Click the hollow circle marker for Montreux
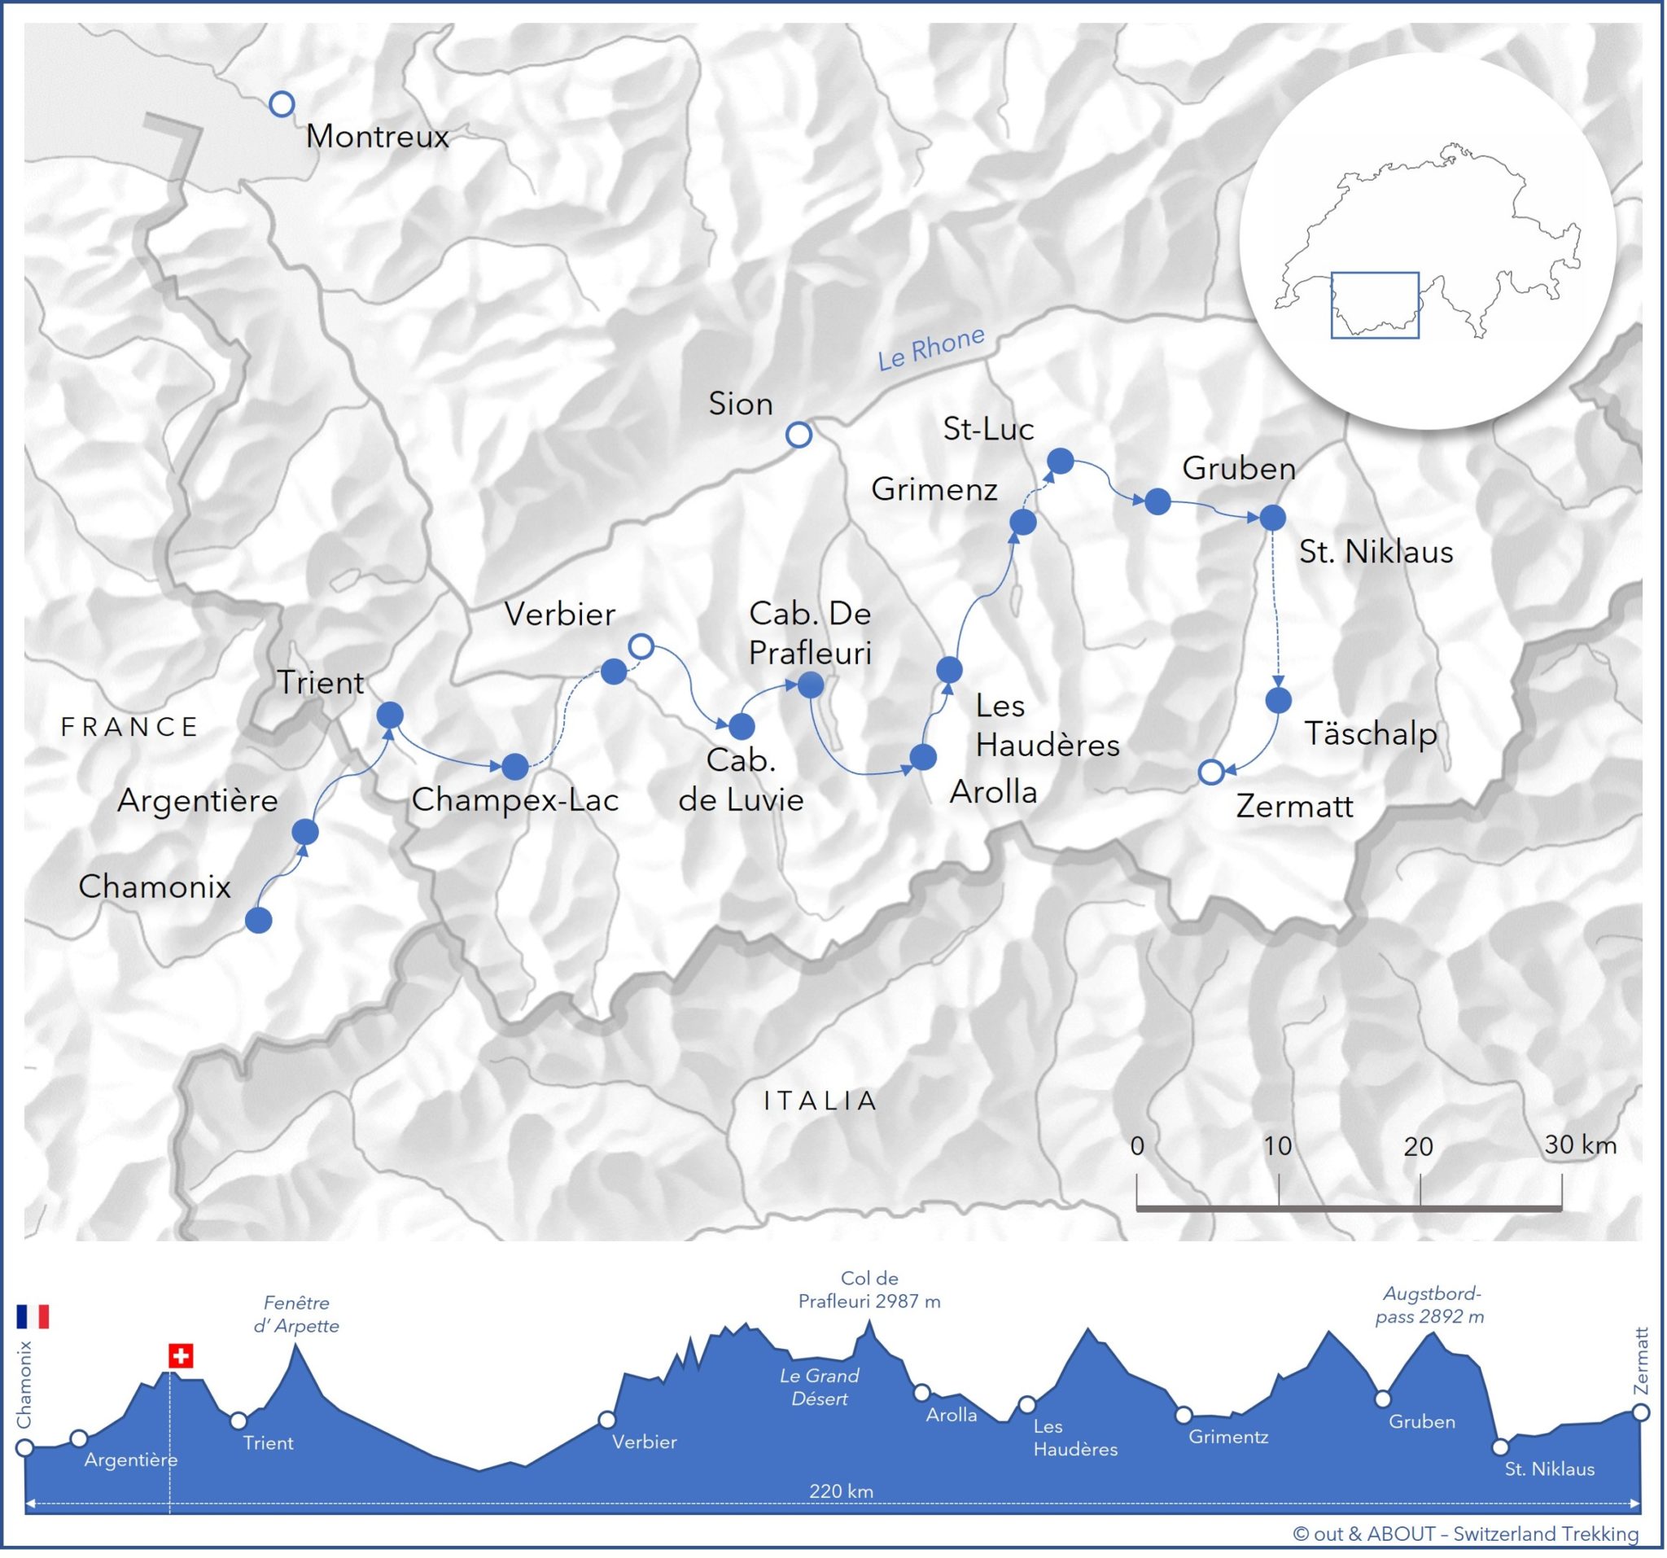(282, 104)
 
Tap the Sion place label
(741, 405)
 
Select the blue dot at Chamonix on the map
(258, 920)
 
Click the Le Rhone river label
(931, 348)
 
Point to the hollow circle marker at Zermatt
(1211, 772)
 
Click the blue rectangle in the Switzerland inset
(1374, 305)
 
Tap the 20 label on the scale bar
(1418, 1146)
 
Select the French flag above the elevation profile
(33, 1315)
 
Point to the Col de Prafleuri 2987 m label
(869, 1289)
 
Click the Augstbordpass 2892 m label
(1429, 1306)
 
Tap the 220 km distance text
(841, 1492)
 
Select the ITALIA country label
(820, 1101)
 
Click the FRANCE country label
(130, 726)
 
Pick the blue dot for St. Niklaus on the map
(1272, 518)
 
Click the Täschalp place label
(1370, 733)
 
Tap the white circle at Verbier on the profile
(606, 1420)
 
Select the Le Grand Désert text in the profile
(819, 1387)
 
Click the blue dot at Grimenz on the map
(1022, 523)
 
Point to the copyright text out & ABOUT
(1465, 1534)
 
